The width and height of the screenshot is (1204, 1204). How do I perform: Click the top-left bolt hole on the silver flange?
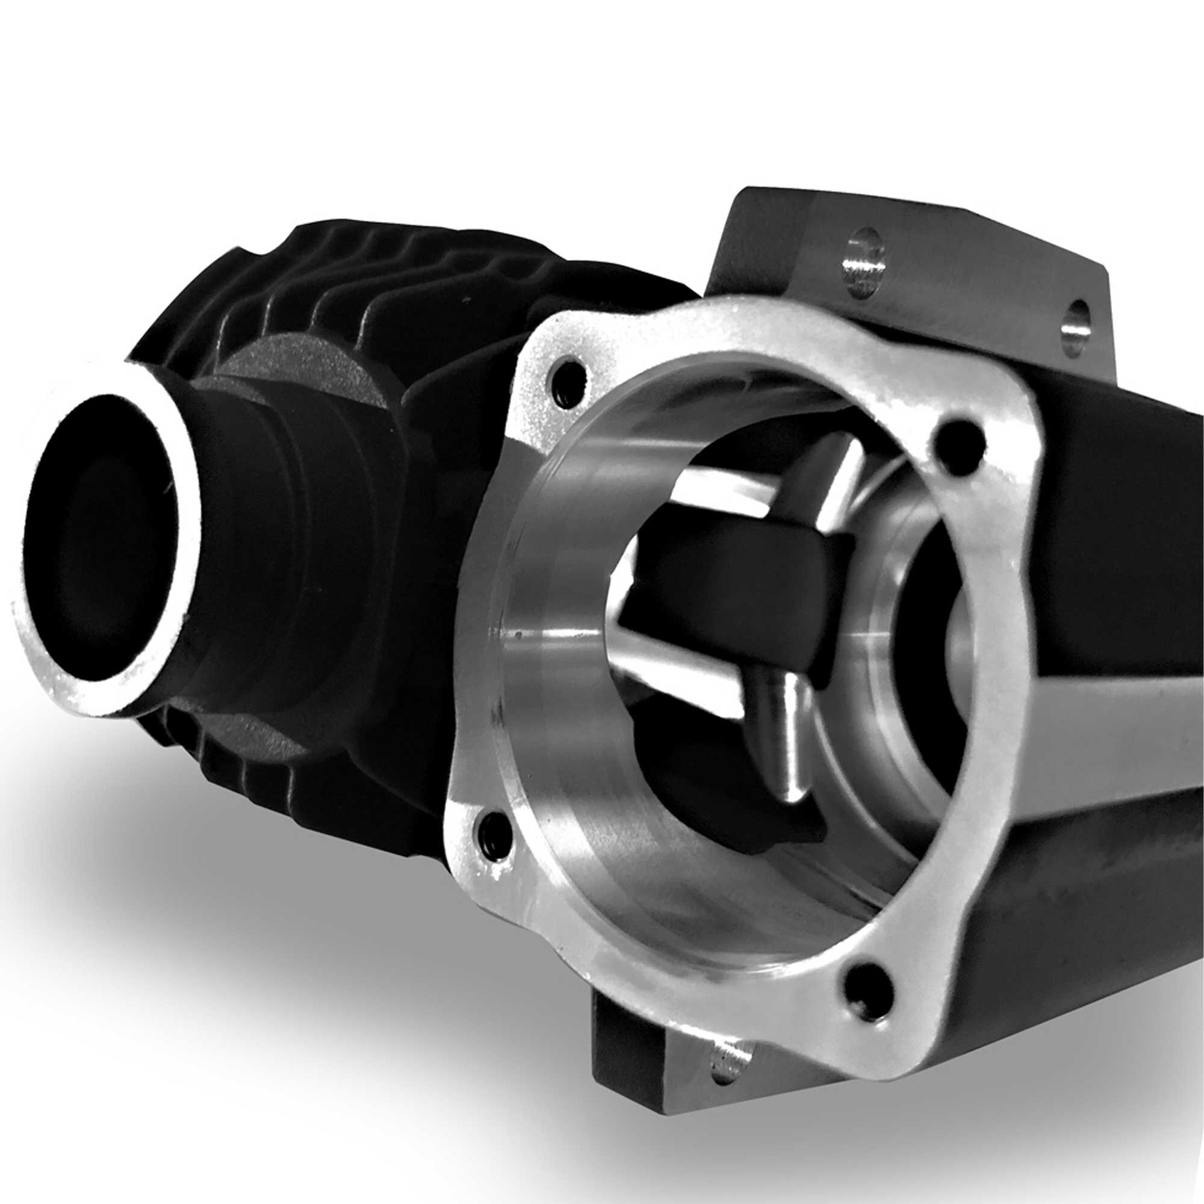[568, 381]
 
